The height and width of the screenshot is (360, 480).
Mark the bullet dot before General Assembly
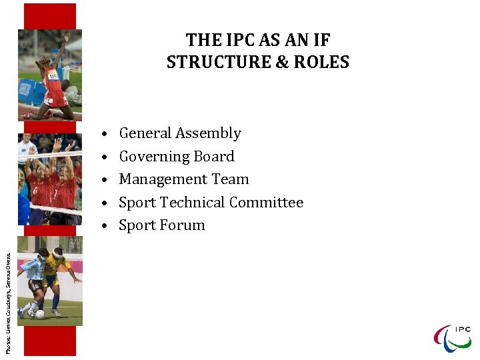(x=106, y=134)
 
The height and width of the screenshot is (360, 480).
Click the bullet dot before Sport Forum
(x=106, y=226)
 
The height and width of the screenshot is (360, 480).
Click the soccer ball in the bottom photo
(x=41, y=313)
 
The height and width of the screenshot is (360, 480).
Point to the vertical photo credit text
(x=8, y=294)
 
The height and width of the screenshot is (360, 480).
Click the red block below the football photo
(x=50, y=341)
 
